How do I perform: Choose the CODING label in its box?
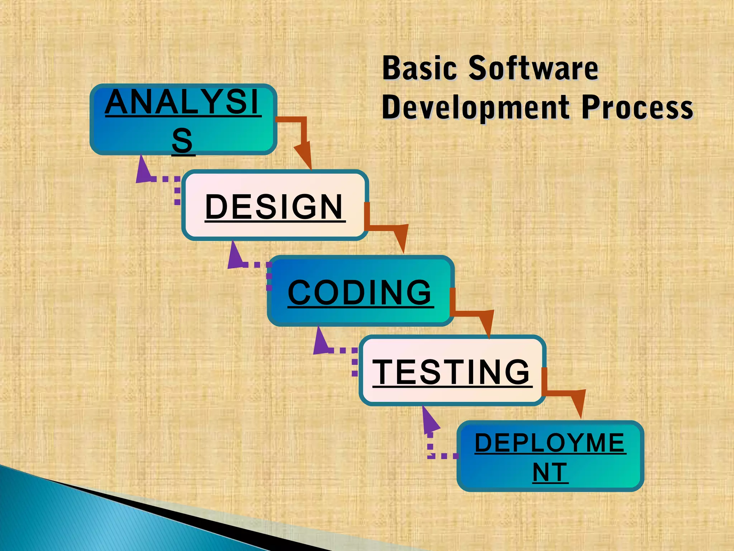click(360, 292)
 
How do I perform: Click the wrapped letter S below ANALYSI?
click(182, 141)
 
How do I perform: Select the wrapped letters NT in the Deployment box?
click(550, 472)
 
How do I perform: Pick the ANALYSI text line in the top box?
click(182, 102)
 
